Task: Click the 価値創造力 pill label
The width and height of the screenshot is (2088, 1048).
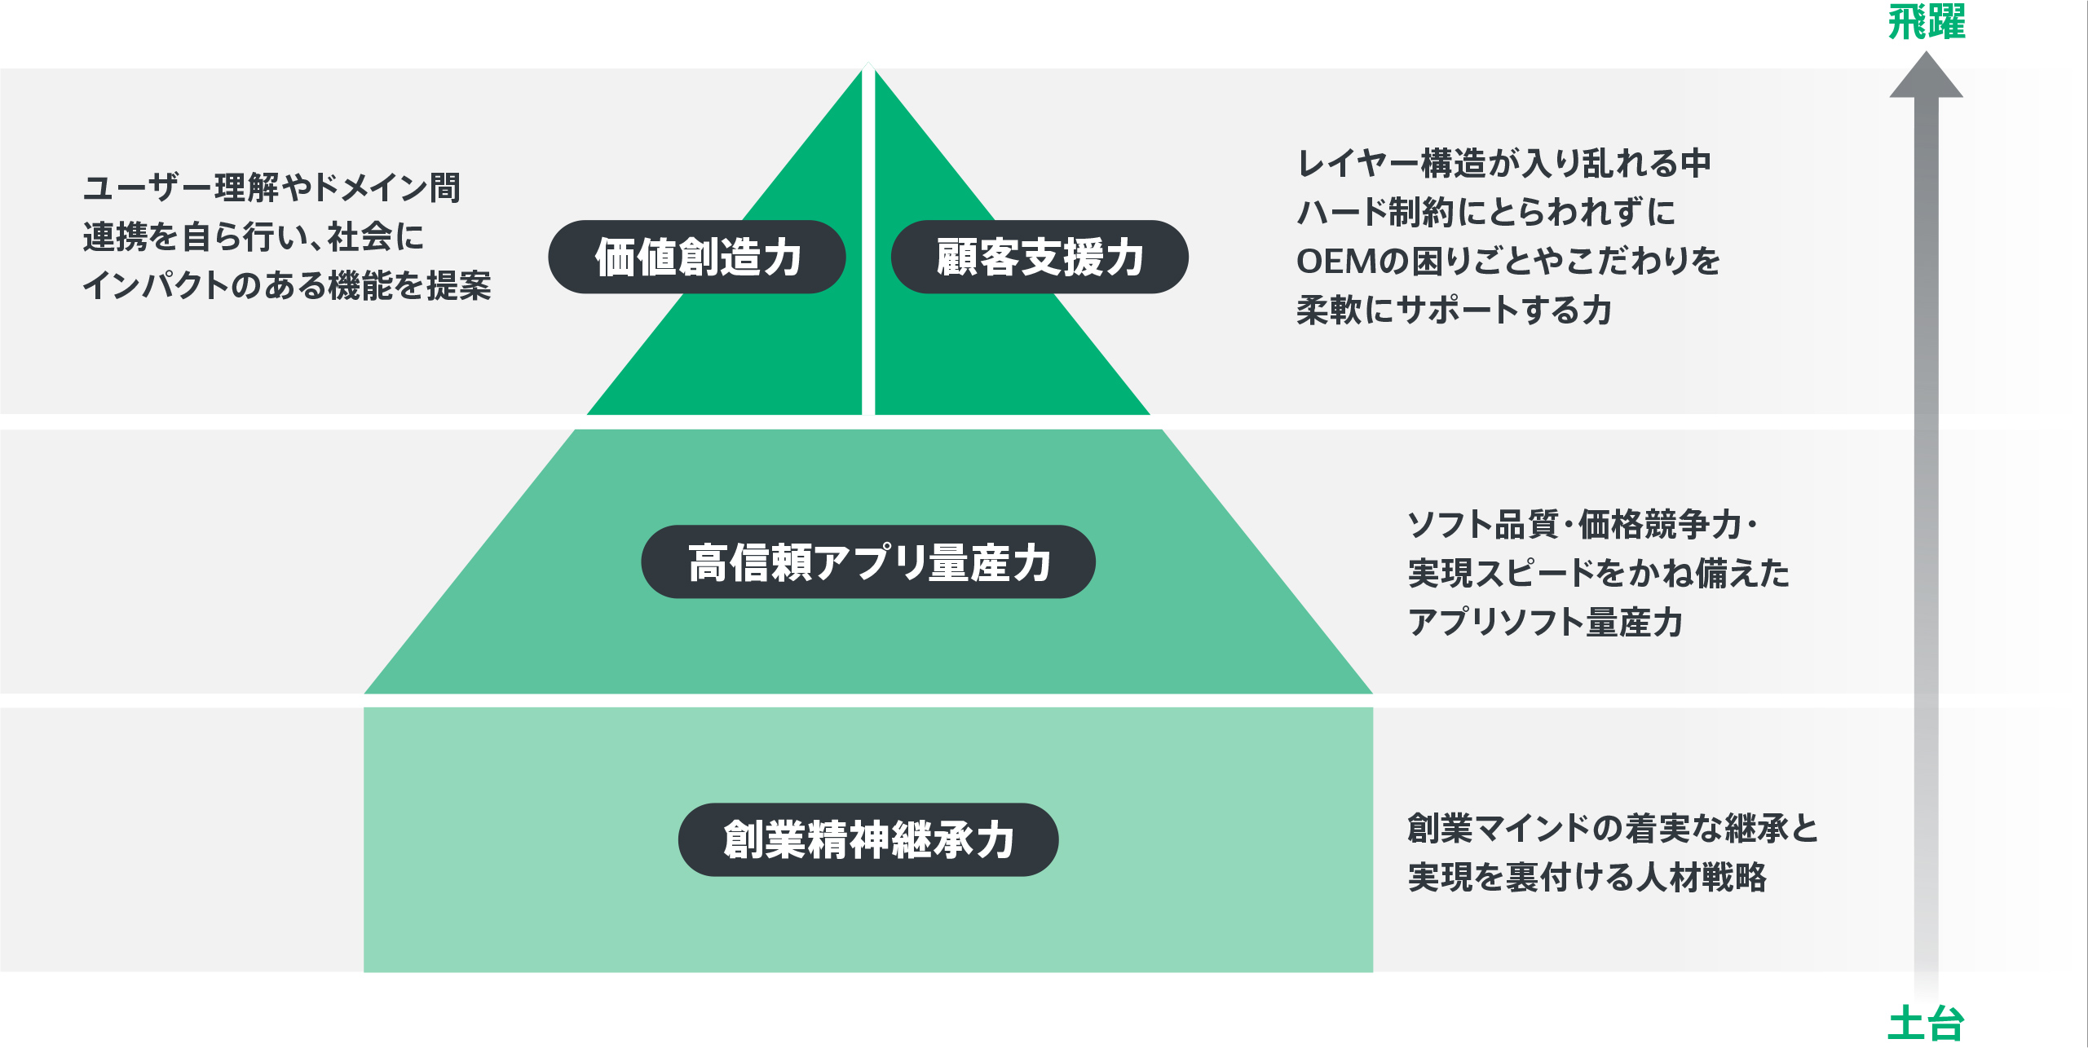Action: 697,257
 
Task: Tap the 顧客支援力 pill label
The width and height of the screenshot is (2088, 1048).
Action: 1040,257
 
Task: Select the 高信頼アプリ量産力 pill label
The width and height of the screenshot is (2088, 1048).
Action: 868,562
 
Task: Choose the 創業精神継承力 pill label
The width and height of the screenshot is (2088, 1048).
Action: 868,839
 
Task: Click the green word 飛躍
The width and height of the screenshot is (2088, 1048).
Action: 1927,22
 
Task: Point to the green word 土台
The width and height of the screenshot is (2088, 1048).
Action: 1926,1024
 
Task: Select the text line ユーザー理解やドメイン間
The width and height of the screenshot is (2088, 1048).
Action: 271,187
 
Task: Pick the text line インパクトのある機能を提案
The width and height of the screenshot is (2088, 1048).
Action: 287,285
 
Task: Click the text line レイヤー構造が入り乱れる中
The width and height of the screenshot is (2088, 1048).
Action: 1504,163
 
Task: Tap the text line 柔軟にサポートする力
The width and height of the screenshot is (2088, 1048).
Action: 1454,310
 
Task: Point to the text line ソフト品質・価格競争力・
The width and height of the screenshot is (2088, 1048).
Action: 1582,524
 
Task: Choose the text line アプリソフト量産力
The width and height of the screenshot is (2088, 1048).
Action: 1545,622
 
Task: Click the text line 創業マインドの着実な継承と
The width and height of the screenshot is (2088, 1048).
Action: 1613,828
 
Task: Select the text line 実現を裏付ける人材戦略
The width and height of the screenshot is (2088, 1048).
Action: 1587,877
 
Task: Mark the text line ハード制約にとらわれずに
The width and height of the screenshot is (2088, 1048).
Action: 1485,212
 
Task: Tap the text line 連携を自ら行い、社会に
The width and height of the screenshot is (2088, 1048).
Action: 254,236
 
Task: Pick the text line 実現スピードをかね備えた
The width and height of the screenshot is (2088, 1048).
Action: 1598,573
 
